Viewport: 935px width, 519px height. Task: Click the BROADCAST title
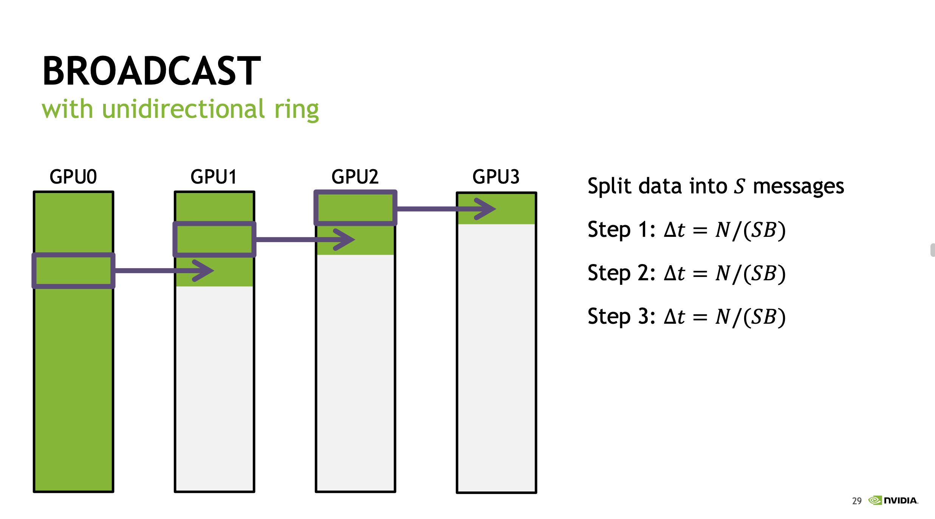pyautogui.click(x=151, y=71)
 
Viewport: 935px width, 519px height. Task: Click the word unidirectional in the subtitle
pyautogui.click(x=183, y=109)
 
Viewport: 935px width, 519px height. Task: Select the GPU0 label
pyautogui.click(x=73, y=177)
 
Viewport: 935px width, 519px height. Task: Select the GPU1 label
pyautogui.click(x=214, y=177)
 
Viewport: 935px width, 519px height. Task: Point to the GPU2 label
pyautogui.click(x=355, y=177)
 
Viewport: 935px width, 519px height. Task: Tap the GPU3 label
pyautogui.click(x=496, y=177)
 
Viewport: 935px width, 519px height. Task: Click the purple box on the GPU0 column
pyautogui.click(x=73, y=271)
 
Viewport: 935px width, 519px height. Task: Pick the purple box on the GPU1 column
pyautogui.click(x=214, y=239)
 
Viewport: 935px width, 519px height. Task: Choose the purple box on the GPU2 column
pyautogui.click(x=355, y=208)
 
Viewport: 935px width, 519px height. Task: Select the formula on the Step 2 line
pyautogui.click(x=724, y=273)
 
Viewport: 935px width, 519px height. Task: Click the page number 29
pyautogui.click(x=857, y=501)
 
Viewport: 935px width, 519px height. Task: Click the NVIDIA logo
pyautogui.click(x=893, y=500)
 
